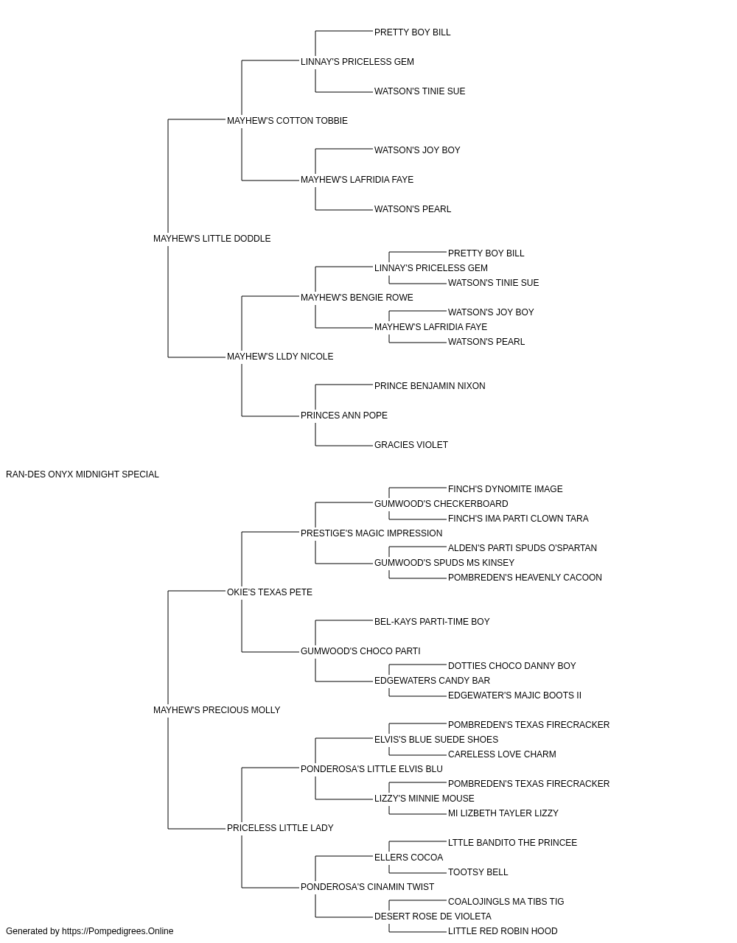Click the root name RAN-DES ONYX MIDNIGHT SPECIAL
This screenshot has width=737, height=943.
point(83,474)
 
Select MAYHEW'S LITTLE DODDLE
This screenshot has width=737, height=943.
point(212,239)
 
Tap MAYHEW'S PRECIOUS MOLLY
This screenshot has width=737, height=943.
point(217,710)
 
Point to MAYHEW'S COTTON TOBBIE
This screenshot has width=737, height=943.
point(287,121)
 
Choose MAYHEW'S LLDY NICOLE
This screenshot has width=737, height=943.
point(280,357)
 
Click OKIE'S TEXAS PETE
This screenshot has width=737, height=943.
point(270,592)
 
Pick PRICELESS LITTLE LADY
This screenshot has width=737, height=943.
point(280,828)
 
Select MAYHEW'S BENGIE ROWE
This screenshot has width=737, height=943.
point(357,298)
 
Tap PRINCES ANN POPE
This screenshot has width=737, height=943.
point(344,416)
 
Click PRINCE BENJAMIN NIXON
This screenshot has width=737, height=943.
point(430,386)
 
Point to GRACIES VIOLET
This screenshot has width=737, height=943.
point(411,445)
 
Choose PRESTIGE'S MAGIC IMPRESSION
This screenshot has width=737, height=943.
point(371,533)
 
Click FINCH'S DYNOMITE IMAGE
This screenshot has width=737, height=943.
point(506,489)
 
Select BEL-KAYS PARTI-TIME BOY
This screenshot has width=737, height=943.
point(432,622)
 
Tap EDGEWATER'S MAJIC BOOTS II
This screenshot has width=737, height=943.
point(514,695)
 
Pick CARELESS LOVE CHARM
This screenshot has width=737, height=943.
point(502,754)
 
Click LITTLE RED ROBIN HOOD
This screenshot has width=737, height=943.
point(503,931)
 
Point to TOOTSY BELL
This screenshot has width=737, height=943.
point(478,872)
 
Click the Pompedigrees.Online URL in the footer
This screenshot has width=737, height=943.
point(118,931)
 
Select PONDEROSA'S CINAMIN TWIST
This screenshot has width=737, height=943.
point(367,887)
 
